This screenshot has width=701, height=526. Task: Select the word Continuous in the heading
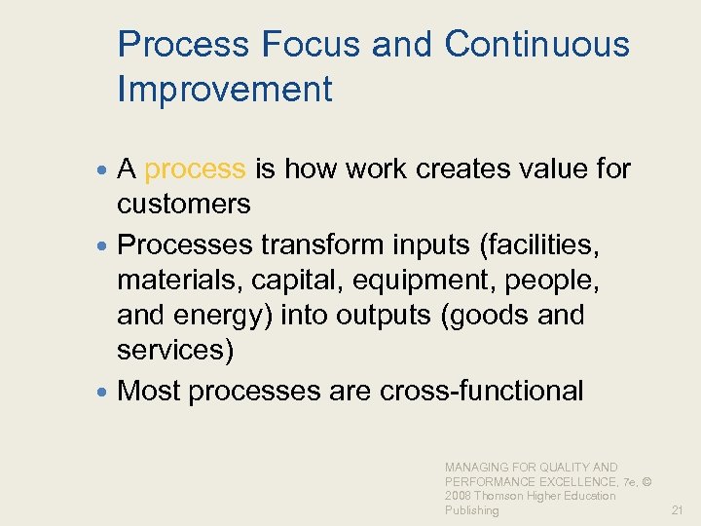[536, 45]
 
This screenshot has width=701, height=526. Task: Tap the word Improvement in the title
[224, 90]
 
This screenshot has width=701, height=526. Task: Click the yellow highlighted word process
[195, 170]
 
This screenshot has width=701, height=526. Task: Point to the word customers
[183, 204]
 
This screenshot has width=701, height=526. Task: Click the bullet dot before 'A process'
[105, 170]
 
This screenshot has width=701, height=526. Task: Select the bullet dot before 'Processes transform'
[105, 240]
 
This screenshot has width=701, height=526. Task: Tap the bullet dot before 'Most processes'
[105, 393]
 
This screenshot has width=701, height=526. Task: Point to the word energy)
[232, 316]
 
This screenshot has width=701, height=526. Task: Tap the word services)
[175, 351]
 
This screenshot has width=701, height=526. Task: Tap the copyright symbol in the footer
[646, 481]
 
